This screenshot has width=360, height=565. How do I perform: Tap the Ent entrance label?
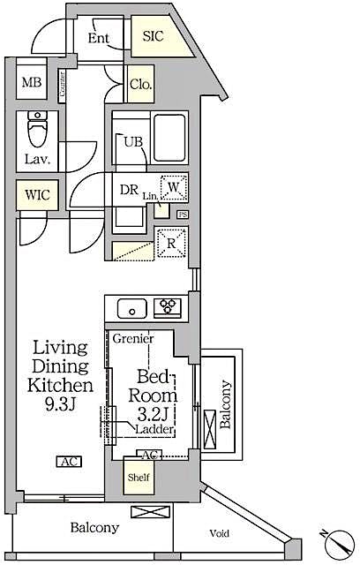point(98,38)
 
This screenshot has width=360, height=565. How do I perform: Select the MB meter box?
point(32,84)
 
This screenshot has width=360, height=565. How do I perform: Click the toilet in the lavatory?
point(36,132)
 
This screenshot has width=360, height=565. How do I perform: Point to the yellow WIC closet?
point(36,194)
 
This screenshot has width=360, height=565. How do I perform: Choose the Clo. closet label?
point(141,85)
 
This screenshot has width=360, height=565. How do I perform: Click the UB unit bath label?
point(133,141)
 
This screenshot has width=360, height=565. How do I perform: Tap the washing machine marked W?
point(174,186)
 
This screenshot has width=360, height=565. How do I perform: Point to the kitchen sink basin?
point(133,308)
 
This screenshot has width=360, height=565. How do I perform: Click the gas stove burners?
point(167,308)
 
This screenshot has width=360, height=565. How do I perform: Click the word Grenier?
point(132,339)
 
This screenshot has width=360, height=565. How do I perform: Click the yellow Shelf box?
point(137,477)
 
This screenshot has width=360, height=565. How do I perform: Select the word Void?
point(221,533)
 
